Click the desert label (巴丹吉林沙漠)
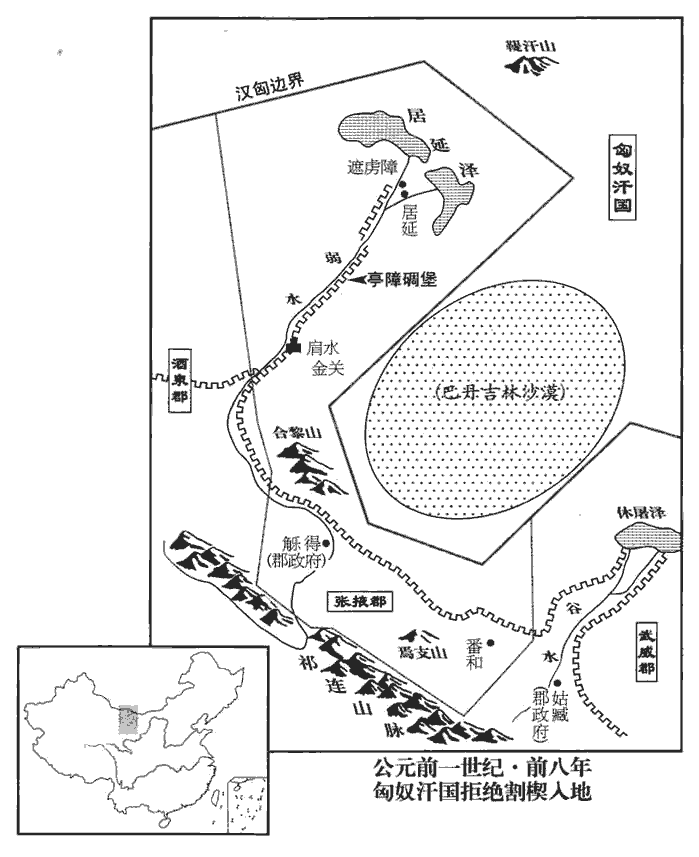coord(501,393)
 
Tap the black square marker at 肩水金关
coord(293,346)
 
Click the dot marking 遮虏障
coord(401,185)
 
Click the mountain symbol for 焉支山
coord(419,632)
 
